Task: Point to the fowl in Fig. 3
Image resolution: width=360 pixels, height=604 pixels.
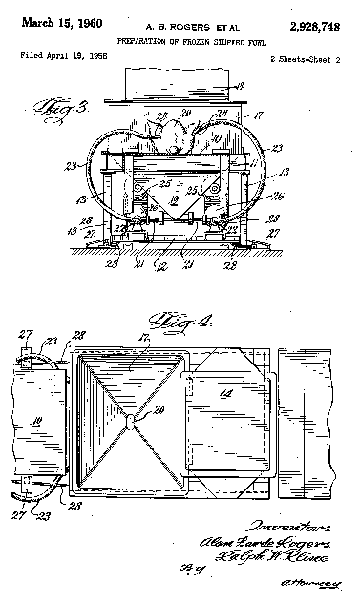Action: (176, 139)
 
